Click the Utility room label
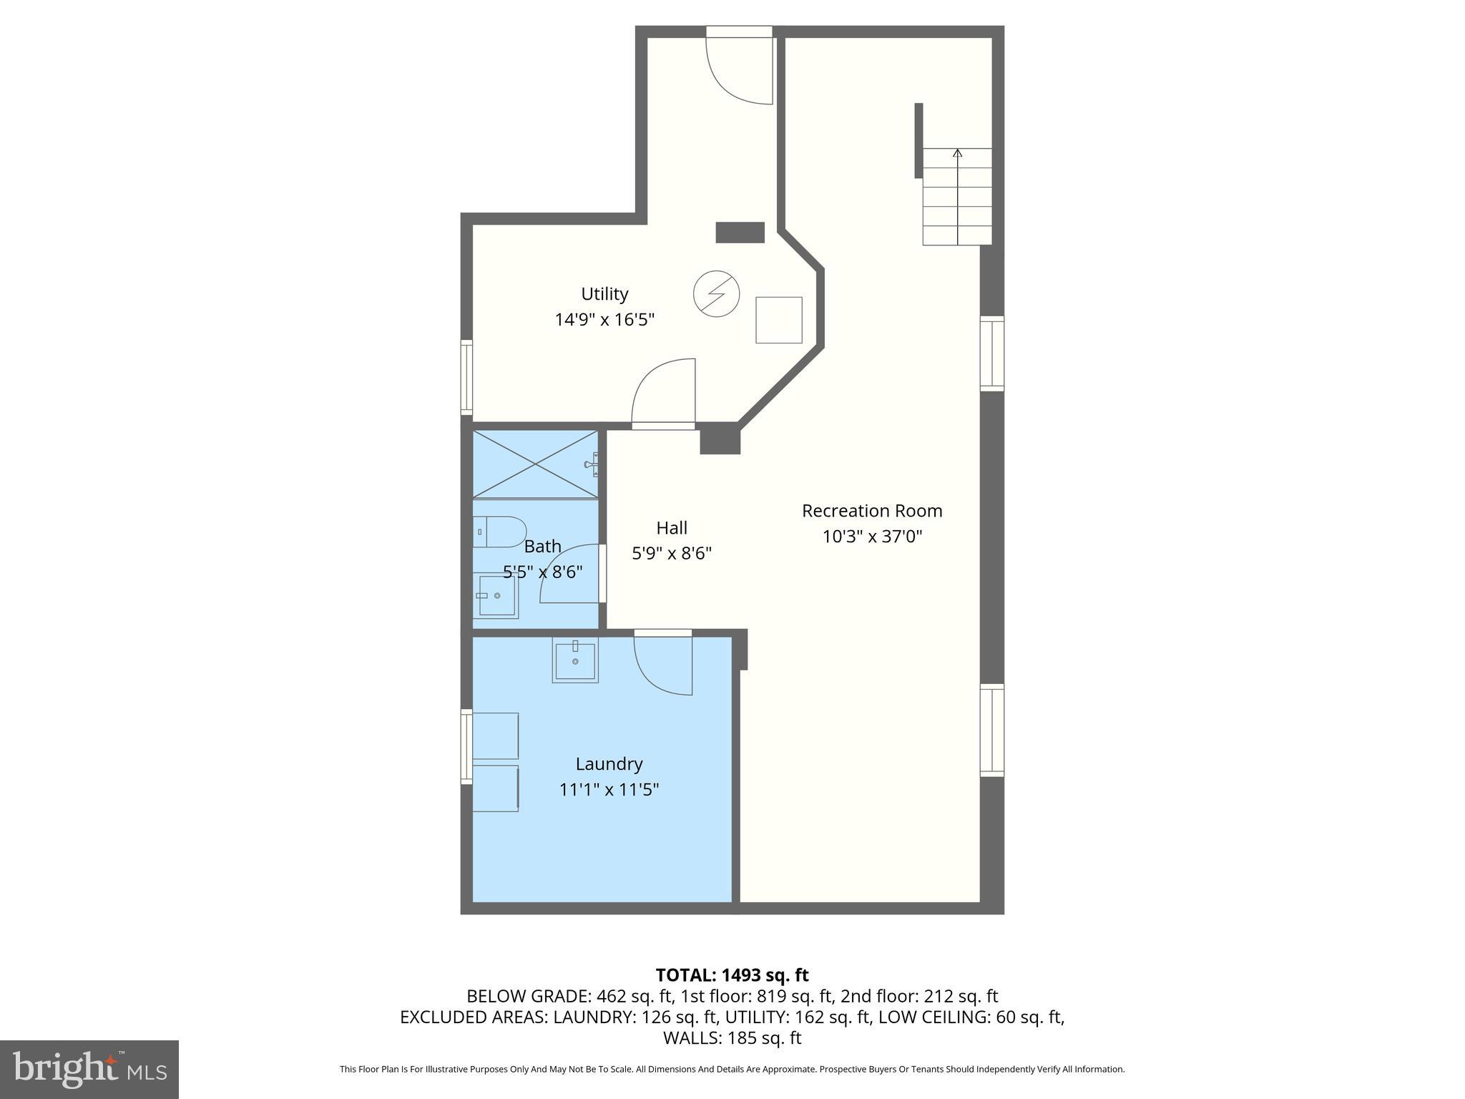click(x=604, y=294)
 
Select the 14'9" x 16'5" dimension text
click(x=604, y=320)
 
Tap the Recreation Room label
click(x=872, y=511)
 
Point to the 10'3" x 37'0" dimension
click(x=872, y=537)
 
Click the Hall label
click(x=672, y=528)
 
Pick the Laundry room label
click(x=609, y=764)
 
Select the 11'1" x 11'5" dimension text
click(x=609, y=790)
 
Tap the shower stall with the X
click(x=535, y=464)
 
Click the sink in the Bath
click(x=496, y=595)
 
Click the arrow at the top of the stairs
click(x=957, y=153)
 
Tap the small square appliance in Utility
click(x=779, y=320)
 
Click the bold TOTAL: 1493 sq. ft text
click(x=732, y=975)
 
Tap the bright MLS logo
click(x=89, y=1069)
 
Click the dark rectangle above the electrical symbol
click(x=740, y=233)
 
